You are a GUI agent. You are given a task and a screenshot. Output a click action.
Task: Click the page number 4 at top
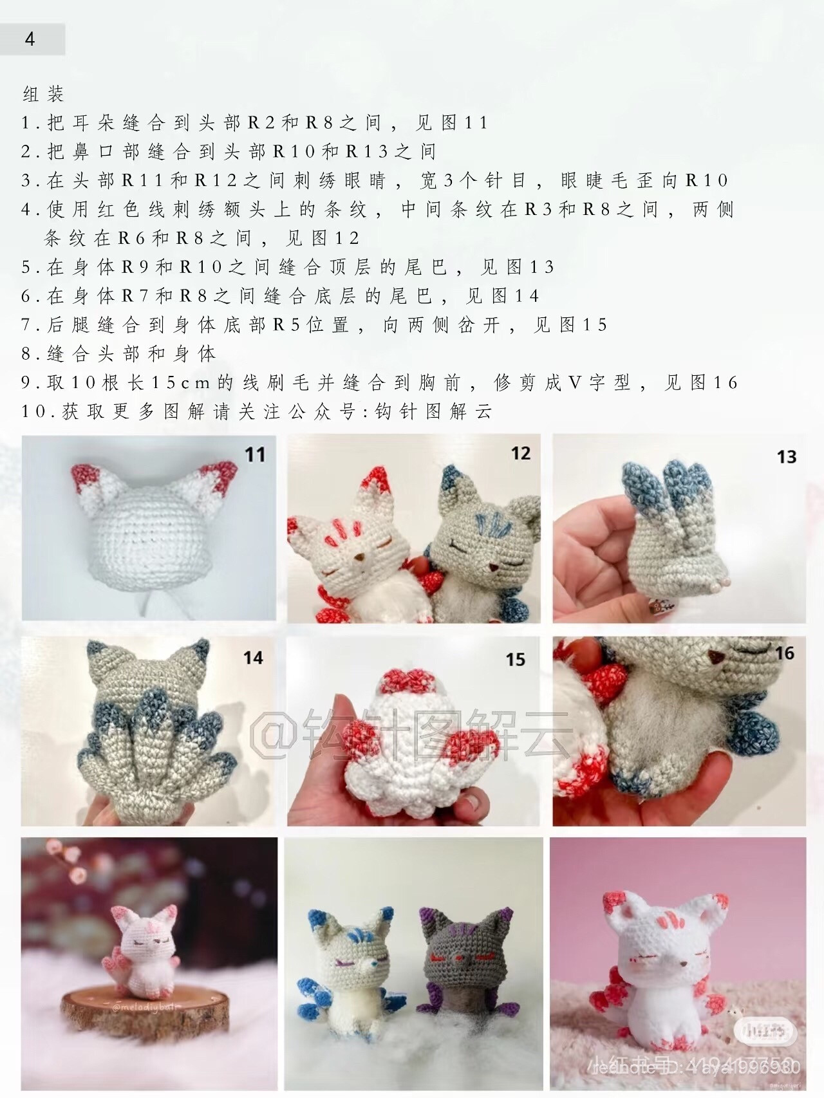[x=30, y=39]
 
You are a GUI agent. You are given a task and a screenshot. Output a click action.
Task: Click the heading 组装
[x=43, y=95]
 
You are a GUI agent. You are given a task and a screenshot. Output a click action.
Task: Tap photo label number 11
[x=255, y=455]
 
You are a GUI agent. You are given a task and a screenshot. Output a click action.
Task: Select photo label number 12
[x=520, y=453]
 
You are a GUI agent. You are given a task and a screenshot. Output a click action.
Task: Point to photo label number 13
[x=786, y=457]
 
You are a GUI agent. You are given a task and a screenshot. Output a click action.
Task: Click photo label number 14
[x=253, y=658]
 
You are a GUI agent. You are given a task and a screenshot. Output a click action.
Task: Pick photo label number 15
[x=515, y=660]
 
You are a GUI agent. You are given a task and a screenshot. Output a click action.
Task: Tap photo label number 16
[x=784, y=654]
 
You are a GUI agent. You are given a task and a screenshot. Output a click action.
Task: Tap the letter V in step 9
[x=574, y=383]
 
